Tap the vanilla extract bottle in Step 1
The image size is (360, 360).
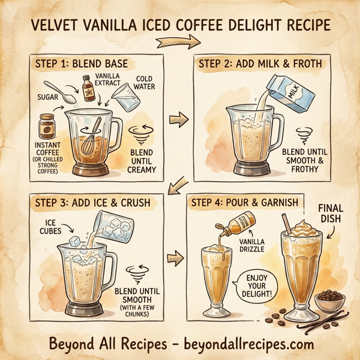[89, 92]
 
